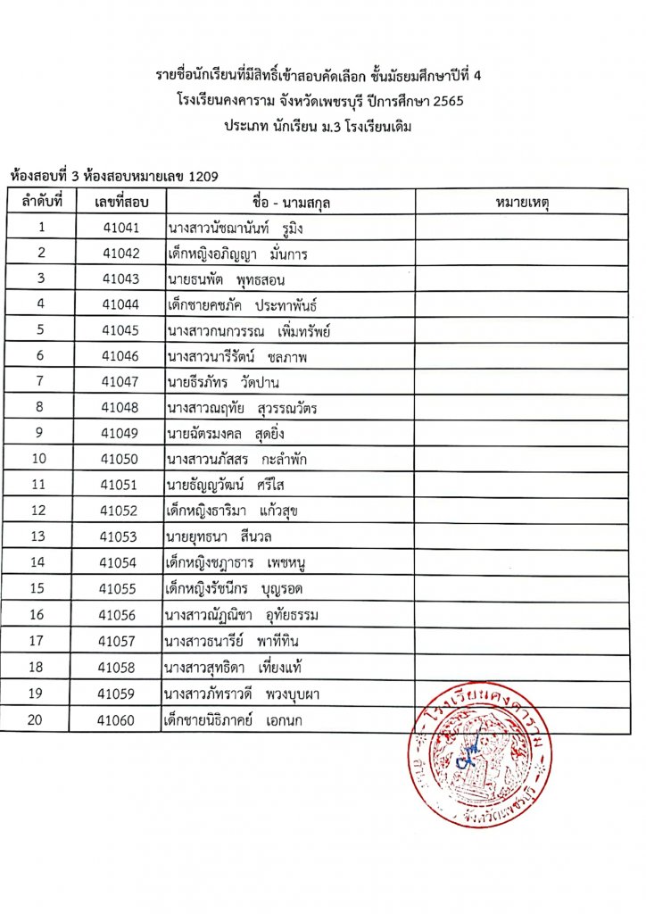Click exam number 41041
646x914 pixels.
click(x=120, y=228)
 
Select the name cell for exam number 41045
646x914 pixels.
click(x=249, y=331)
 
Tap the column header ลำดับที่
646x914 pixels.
click(x=42, y=203)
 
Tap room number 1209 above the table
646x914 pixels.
click(x=203, y=176)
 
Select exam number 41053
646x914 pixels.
click(x=120, y=536)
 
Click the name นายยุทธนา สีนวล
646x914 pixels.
click(x=219, y=537)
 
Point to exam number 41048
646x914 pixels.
click(x=120, y=409)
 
